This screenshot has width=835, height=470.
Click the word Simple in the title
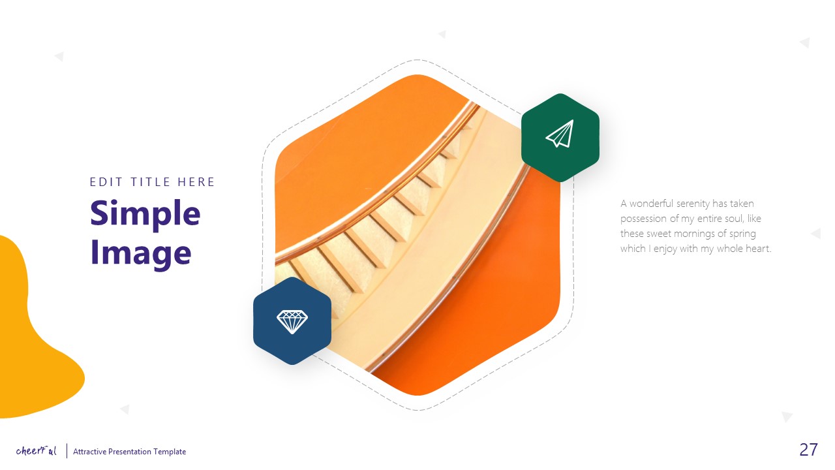[145, 213]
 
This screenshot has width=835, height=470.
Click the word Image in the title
[140, 253]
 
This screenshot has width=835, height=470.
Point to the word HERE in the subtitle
[196, 182]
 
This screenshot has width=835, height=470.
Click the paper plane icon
[560, 134]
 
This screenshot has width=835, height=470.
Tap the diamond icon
[292, 321]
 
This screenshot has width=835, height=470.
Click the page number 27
[808, 449]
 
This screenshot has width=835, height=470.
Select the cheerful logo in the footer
[37, 450]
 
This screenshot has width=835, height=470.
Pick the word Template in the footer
[170, 452]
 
